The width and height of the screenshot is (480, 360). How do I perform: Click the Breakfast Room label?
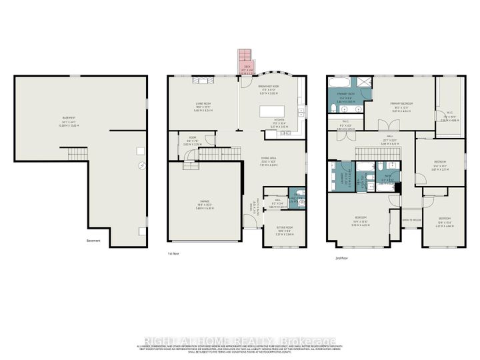[273, 86]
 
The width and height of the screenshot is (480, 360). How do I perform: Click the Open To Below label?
[410, 219]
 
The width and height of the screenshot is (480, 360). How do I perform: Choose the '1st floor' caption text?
[175, 254]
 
